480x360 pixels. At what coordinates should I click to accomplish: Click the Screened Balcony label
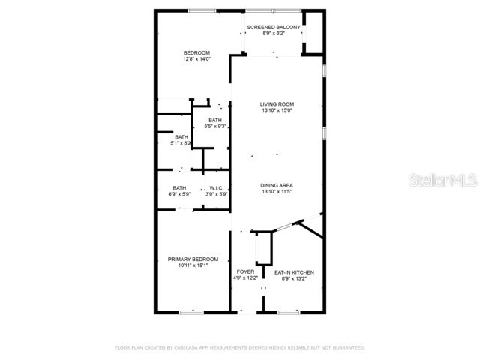click(x=274, y=28)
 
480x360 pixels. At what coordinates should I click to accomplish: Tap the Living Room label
click(x=277, y=104)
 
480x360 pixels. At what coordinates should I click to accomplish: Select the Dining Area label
click(x=277, y=185)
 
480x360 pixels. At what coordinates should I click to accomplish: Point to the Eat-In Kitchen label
click(x=294, y=272)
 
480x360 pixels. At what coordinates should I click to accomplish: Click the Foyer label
click(x=245, y=271)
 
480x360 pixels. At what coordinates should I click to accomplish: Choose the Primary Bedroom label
click(x=193, y=259)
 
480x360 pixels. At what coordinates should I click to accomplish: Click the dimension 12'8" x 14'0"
click(x=197, y=58)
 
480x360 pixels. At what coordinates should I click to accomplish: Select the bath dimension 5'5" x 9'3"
click(x=215, y=127)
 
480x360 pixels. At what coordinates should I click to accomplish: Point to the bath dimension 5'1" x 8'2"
click(x=182, y=143)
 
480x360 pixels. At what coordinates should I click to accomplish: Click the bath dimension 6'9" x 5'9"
click(x=180, y=194)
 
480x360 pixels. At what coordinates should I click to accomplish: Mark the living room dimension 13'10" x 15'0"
click(x=277, y=111)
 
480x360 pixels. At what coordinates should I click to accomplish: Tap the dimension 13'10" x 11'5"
click(x=277, y=192)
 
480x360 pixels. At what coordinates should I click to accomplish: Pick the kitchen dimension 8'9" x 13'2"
click(x=294, y=278)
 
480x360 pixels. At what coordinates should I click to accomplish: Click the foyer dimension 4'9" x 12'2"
click(x=245, y=278)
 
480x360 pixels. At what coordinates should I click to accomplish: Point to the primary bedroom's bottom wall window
click(x=192, y=311)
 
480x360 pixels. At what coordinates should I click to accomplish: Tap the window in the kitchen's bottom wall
click(x=289, y=311)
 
